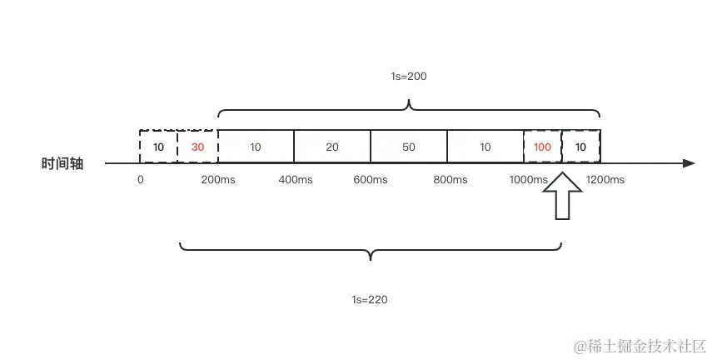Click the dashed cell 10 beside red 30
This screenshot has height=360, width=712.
pos(159,147)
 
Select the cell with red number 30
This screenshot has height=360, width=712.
pos(197,147)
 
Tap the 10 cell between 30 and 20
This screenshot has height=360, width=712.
pos(256,147)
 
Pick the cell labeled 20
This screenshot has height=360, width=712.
pos(332,147)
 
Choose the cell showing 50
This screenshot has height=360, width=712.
pos(409,147)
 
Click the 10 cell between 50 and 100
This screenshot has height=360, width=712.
pos(485,147)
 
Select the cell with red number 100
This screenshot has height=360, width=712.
pos(543,147)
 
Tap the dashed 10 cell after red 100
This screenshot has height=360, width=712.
pos(581,147)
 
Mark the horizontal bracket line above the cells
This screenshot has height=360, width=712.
pos(409,109)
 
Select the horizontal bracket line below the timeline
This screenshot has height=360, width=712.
pos(370,247)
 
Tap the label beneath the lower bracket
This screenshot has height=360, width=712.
pos(370,298)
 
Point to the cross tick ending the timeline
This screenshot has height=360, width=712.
pos(684,163)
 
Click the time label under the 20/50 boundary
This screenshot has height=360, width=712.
pos(370,179)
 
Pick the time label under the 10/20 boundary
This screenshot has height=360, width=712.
pos(294,179)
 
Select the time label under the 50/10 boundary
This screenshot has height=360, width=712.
pos(447,179)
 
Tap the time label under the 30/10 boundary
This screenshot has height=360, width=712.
pos(220,179)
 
